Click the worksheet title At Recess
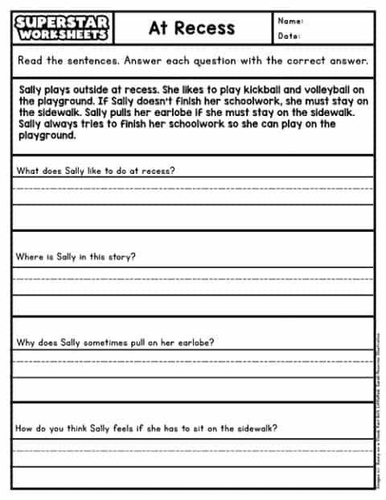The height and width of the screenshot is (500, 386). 191,28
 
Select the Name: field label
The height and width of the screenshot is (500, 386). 290,21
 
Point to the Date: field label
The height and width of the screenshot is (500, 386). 289,36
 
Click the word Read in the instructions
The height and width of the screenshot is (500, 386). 30,61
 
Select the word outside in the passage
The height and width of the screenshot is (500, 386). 79,91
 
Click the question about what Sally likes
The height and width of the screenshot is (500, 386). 96,171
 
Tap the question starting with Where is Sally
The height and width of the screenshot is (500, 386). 76,257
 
